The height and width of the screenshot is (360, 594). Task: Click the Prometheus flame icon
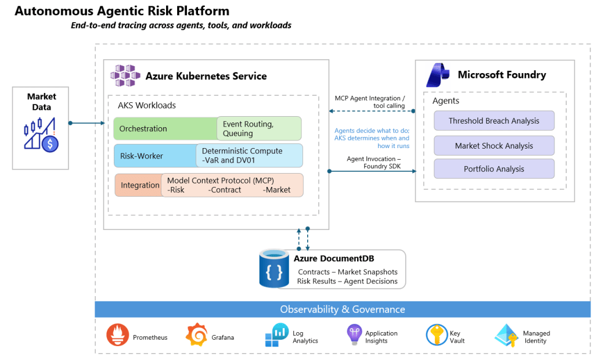[118, 335]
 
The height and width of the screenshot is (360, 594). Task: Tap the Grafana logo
[196, 335]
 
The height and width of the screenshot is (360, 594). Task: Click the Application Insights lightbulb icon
[354, 334]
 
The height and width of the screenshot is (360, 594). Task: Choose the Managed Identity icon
[507, 336]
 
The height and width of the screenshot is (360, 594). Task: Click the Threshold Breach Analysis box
[494, 121]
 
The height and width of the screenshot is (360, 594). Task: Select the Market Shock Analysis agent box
[494, 146]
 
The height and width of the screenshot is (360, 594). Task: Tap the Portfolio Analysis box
[494, 169]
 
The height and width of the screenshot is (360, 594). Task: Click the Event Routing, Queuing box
[259, 129]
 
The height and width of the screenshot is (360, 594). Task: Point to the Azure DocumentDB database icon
[274, 268]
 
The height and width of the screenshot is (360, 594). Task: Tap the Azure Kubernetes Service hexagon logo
[125, 76]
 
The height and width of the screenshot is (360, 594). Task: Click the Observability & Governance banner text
[343, 309]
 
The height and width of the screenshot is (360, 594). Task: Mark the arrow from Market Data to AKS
[87, 123]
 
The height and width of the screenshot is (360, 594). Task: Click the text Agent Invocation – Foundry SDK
[373, 163]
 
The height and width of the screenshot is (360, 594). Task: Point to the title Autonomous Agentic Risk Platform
[122, 11]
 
